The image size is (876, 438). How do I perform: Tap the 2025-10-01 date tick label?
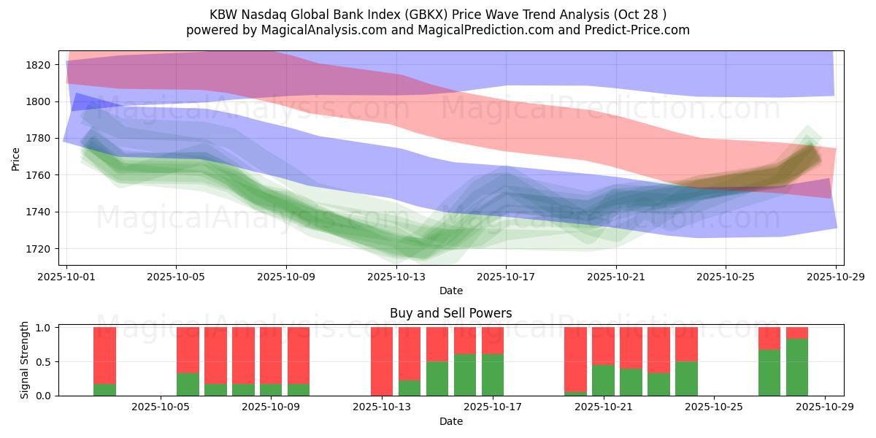tap(66, 277)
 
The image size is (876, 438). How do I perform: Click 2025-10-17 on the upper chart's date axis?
tap(506, 277)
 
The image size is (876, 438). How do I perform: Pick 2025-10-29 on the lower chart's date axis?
tap(825, 408)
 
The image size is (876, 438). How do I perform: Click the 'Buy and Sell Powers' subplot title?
tap(451, 313)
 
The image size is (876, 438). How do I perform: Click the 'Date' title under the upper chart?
tap(451, 291)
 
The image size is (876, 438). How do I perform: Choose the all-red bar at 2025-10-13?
tap(382, 361)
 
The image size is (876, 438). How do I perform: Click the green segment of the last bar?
tap(797, 367)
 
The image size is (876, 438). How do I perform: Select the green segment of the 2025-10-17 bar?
tap(493, 374)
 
